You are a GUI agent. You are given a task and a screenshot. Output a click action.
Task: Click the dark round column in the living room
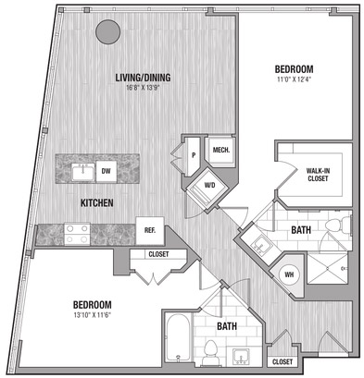[x=107, y=32]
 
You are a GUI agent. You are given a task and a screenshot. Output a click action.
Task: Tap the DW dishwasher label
[x=106, y=171]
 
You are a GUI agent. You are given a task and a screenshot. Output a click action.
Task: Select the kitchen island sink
[x=83, y=172]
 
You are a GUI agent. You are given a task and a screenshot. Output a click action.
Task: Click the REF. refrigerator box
[x=150, y=231]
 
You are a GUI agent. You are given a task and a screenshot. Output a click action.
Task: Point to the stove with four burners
[x=77, y=234]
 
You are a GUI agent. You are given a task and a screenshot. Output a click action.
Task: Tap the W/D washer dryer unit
[x=209, y=186]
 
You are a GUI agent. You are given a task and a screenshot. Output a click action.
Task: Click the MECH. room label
[x=221, y=151]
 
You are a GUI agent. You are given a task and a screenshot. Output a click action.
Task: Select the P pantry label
[x=194, y=155]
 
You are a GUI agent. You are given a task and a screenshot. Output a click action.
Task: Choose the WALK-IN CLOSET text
[x=318, y=175]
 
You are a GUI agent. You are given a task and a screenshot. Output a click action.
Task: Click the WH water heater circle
[x=289, y=274]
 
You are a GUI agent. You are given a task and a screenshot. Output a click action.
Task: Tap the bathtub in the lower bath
[x=178, y=337]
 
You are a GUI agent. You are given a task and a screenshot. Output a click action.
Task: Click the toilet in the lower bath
[x=211, y=352]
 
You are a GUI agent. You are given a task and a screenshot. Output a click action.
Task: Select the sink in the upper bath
[x=260, y=245]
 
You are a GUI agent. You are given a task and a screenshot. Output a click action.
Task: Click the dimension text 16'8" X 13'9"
[x=144, y=88]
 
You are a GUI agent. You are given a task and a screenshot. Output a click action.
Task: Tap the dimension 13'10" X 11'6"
[x=92, y=315]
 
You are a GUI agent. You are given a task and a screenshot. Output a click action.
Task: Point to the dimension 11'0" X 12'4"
[x=294, y=79]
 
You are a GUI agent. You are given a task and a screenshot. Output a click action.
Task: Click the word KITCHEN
[x=97, y=203]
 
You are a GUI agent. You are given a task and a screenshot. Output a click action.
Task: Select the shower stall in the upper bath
[x=327, y=268]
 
